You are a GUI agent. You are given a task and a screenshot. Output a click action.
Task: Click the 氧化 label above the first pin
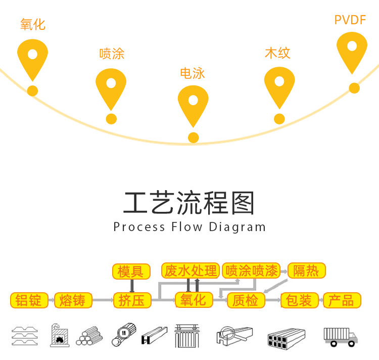[x=33, y=24]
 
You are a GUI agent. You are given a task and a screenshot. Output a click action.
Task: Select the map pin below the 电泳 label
[x=193, y=104]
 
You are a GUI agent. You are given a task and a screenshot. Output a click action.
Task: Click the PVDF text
[x=350, y=20]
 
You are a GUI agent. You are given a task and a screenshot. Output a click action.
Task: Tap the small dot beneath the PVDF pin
[x=354, y=88]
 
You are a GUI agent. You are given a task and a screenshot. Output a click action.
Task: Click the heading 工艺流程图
[x=189, y=203]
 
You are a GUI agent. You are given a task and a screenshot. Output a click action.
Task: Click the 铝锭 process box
[x=29, y=300]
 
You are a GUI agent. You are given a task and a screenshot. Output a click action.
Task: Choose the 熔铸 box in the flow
[x=73, y=300]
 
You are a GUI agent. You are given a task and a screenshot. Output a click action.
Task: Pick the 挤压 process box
[x=132, y=300]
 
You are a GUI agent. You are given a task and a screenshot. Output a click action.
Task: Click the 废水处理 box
[x=191, y=271]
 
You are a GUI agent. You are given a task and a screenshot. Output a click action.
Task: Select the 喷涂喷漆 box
[x=252, y=271]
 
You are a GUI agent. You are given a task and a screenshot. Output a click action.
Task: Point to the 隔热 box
[x=307, y=271]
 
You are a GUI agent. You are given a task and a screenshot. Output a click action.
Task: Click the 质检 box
[x=246, y=300]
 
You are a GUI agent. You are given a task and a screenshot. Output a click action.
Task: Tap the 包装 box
[x=299, y=300]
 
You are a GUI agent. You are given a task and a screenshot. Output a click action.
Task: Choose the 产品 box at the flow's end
[x=342, y=300]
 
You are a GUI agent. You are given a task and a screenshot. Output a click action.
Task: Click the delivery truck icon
[x=340, y=336]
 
